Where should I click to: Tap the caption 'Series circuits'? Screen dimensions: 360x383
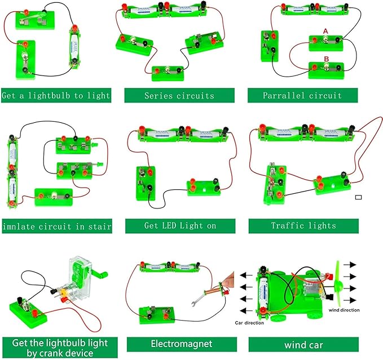pos(179,96)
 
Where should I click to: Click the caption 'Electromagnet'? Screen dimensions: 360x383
pos(179,343)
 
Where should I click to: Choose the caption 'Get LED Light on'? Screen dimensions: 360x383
pos(179,226)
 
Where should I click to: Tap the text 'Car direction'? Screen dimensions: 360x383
pos(252,323)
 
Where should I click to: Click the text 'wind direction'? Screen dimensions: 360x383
pos(345,310)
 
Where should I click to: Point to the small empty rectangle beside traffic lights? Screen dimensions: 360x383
pos(359,197)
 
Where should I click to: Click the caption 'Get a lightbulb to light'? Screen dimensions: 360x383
pos(56,96)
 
